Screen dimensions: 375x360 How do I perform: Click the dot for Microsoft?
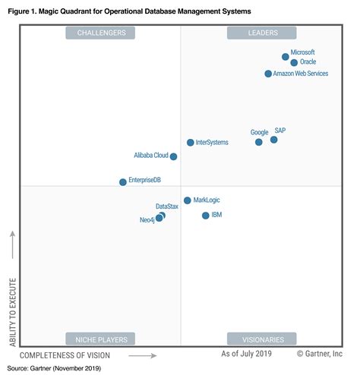[x=286, y=56]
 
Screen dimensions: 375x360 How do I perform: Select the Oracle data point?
[x=294, y=63]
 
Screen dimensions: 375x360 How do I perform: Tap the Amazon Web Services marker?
[x=268, y=74]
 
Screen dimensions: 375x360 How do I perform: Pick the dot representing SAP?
[x=274, y=140]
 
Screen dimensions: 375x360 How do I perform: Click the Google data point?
[x=259, y=142]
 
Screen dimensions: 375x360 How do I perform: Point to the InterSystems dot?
[x=191, y=143]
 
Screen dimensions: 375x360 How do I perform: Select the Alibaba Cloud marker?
[x=174, y=156]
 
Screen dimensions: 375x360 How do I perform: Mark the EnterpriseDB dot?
[x=123, y=182]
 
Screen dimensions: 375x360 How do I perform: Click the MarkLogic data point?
[x=188, y=200]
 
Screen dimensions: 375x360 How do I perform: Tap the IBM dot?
[x=206, y=216]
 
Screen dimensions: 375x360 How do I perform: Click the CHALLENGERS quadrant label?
[x=100, y=33]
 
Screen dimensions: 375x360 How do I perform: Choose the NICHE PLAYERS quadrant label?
[x=100, y=339]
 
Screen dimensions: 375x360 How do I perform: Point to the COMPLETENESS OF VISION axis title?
[x=65, y=355]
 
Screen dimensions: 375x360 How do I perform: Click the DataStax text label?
[x=167, y=206]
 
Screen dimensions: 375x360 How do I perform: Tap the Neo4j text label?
[x=148, y=219]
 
